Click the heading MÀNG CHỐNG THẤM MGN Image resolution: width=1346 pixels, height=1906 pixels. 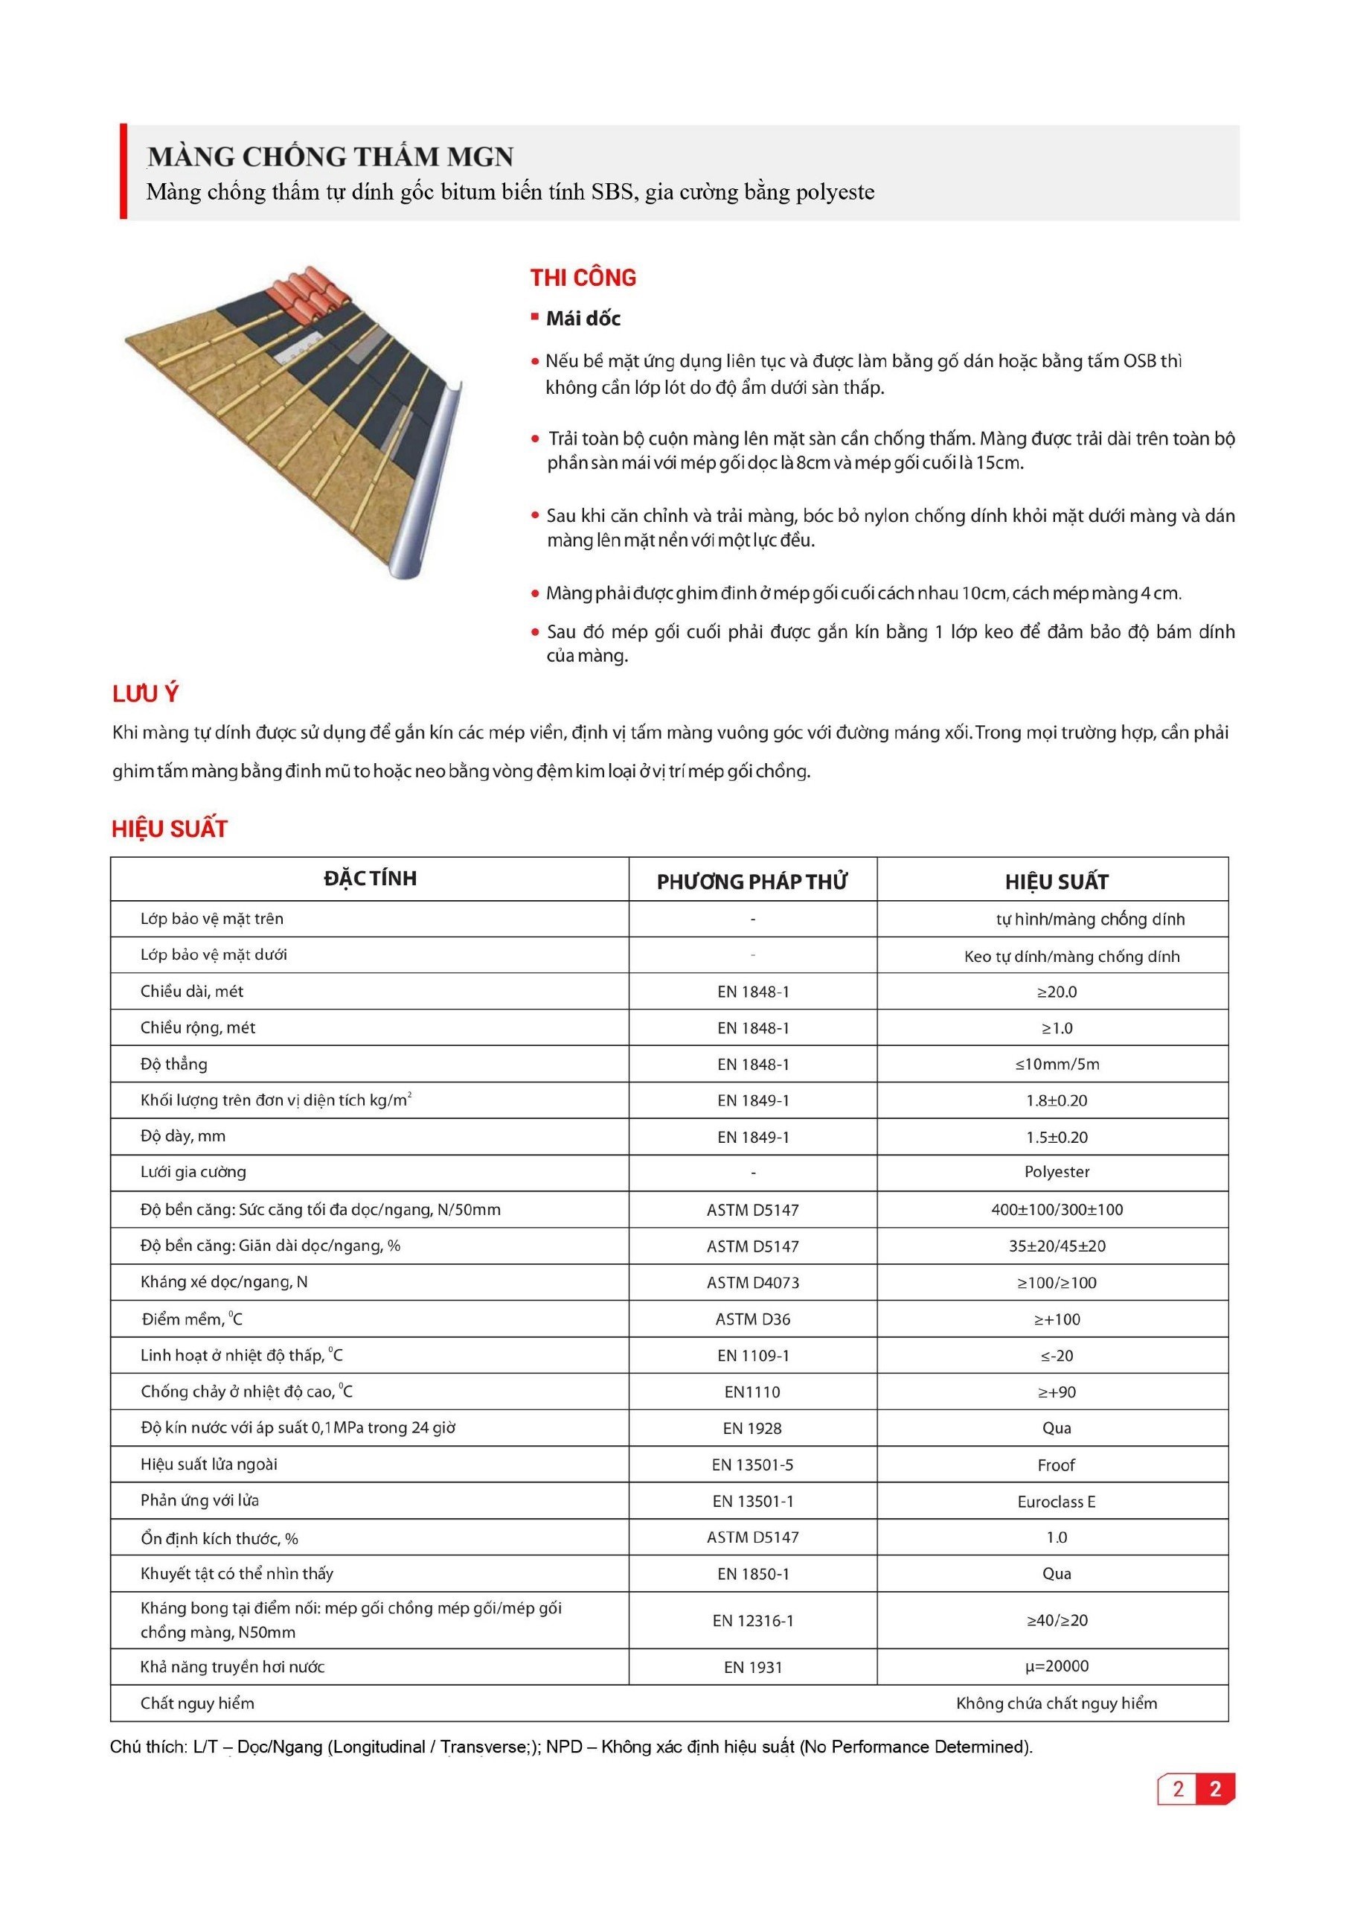click(x=330, y=156)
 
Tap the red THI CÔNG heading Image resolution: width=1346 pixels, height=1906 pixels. click(x=583, y=278)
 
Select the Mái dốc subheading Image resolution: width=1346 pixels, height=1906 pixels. click(x=583, y=319)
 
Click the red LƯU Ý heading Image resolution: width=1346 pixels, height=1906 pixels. click(x=146, y=694)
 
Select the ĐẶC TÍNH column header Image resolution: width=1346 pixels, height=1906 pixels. click(x=370, y=879)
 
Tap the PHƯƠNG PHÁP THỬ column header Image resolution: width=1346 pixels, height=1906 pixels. click(x=751, y=882)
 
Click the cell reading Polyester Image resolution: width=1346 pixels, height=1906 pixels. click(x=1057, y=1172)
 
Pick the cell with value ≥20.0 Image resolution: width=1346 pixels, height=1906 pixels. click(x=1057, y=991)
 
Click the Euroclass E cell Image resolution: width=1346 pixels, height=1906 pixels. click(x=1057, y=1502)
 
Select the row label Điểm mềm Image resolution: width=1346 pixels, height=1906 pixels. click(x=192, y=1319)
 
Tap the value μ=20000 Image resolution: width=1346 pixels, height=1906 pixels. click(x=1057, y=1666)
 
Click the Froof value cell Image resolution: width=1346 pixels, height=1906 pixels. click(x=1057, y=1465)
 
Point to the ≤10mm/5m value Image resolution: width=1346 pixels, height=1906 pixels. click(x=1057, y=1064)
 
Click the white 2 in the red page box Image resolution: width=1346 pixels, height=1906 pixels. click(x=1215, y=1788)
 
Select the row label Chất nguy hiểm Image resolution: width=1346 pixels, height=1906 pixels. click(x=197, y=1703)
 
